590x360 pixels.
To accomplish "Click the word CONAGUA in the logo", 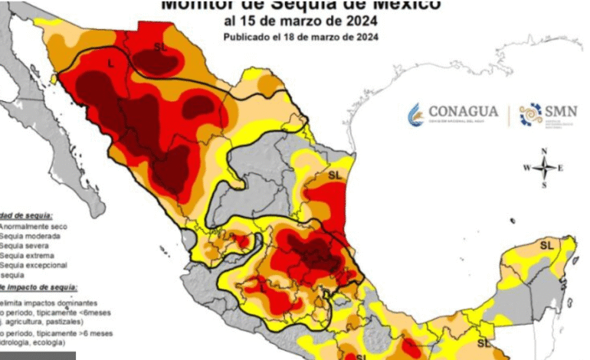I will pos(463,111).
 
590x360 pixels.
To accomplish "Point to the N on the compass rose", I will pos(544,151).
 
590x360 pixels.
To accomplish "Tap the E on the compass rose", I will pos(561,168).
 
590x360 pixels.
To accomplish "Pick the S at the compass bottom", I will pos(544,185).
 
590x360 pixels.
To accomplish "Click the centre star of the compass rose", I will pos(544,168).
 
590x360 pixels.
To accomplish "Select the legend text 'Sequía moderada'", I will pos(29,237).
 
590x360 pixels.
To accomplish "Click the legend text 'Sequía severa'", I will pos(25,246).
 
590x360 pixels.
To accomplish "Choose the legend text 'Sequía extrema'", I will pos(26,256).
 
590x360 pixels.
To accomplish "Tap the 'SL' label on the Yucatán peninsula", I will pos(546,245).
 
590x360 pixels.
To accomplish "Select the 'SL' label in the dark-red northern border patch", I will pos(160,47).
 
